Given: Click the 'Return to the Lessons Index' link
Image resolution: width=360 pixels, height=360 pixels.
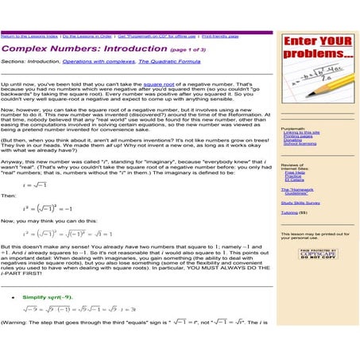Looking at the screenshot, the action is [29, 37].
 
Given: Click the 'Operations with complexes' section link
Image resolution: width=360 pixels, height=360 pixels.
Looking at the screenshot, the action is [99, 60].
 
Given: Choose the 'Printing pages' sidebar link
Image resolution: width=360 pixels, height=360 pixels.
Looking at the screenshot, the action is [297, 137].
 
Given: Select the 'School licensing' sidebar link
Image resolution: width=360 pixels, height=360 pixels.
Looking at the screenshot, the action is [300, 145].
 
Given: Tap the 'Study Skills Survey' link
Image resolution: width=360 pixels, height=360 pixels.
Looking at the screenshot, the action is [305, 203].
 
